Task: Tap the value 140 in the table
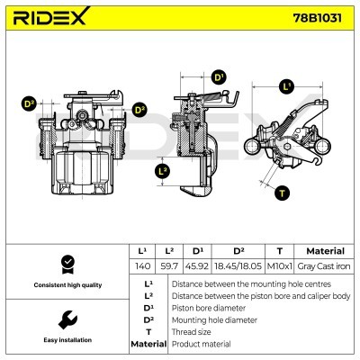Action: click(x=142, y=266)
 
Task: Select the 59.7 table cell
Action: click(x=168, y=266)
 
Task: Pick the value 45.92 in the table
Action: click(x=197, y=266)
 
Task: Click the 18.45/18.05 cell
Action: click(x=238, y=266)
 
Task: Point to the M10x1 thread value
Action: click(x=281, y=266)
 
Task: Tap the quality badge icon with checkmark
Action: click(x=65, y=264)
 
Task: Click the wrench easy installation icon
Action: click(x=65, y=319)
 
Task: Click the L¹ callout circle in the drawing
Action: click(x=287, y=87)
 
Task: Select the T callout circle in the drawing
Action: click(x=282, y=193)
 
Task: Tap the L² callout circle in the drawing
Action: click(x=163, y=170)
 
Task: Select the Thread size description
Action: click(x=193, y=331)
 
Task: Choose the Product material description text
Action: click(x=201, y=344)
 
